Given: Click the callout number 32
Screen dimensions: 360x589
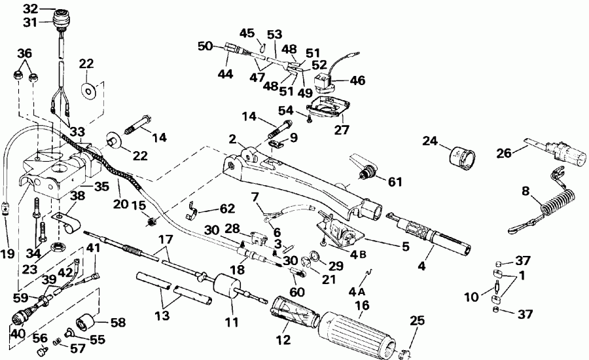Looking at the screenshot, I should click(30, 9).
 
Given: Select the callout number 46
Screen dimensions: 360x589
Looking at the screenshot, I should click(357, 82).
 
